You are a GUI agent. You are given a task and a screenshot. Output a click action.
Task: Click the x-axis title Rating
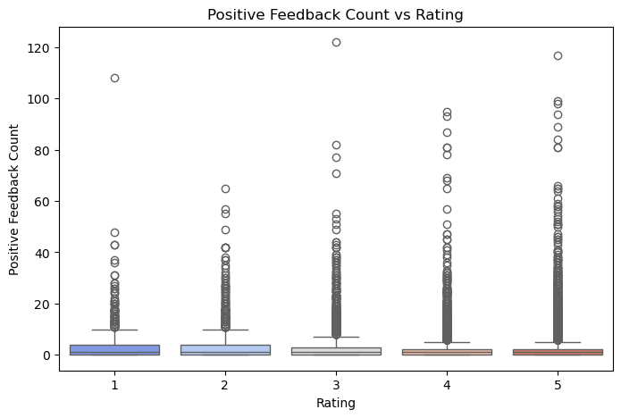[335, 404]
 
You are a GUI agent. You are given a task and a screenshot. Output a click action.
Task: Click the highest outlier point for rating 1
[114, 78]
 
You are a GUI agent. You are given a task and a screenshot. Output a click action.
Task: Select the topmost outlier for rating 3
[336, 42]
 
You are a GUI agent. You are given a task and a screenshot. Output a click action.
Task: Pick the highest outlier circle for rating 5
[558, 55]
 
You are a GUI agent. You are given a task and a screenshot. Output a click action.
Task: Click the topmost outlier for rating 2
[225, 188]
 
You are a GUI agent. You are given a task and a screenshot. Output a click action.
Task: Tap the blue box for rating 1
[114, 349]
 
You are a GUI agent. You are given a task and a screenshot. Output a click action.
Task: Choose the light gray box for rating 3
[336, 351]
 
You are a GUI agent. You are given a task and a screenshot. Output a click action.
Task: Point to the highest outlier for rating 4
[447, 112]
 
